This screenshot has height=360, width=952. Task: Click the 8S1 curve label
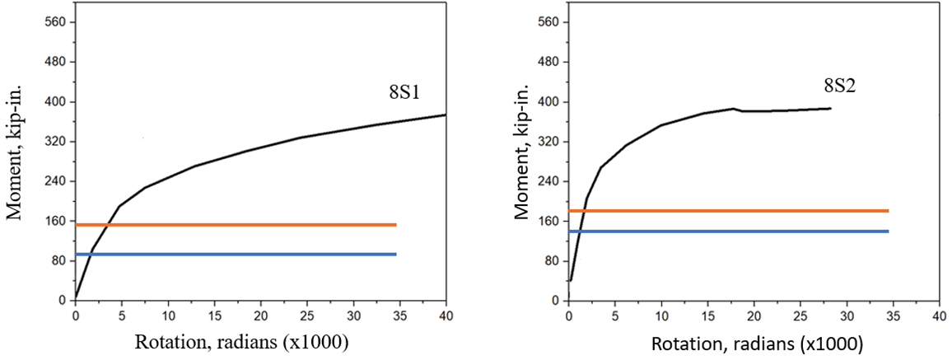(407, 91)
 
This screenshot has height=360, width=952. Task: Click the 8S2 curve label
(839, 85)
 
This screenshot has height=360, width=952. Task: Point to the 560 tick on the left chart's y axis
(55, 22)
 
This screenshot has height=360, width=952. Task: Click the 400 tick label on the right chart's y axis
(548, 102)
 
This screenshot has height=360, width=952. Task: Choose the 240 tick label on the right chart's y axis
(548, 181)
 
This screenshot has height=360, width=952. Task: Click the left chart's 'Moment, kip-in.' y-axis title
(15, 160)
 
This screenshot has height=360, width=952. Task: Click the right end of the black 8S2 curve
(830, 108)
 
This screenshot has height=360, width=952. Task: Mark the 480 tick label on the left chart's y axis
(55, 62)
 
